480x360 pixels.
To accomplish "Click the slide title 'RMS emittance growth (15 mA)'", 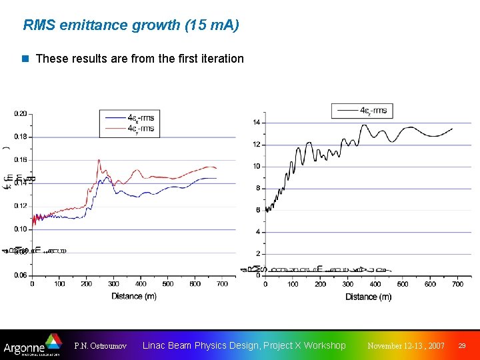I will coord(131,25).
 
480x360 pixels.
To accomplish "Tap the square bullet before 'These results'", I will coord(26,59).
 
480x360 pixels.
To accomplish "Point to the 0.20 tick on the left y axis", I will coord(21,113).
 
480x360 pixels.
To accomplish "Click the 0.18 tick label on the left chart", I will coord(21,137).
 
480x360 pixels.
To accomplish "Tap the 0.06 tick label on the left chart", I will coord(21,275).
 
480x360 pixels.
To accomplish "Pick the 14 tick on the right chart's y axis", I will coord(257,123).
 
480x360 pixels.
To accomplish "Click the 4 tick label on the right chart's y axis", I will coord(258,232).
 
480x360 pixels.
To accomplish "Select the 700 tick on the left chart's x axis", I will coord(222,284).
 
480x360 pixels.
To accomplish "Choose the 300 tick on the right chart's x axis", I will coord(348,285).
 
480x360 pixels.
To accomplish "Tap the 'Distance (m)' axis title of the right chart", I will coord(368,297).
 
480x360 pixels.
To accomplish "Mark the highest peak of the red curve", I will coord(99,160).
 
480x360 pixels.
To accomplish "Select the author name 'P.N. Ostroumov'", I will coord(99,346).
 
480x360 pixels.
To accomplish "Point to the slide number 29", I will coord(462,346).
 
